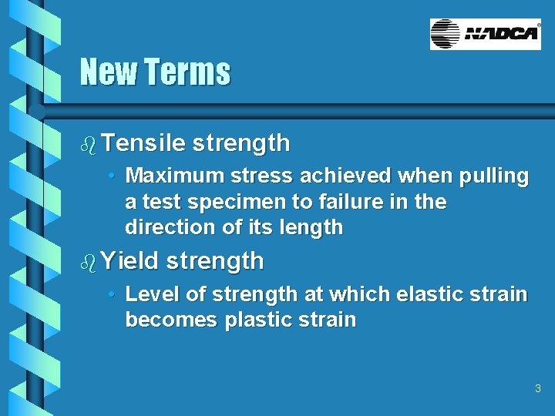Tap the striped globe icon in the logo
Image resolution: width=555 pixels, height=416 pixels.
pyautogui.click(x=445, y=35)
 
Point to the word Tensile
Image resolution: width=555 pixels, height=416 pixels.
pyautogui.click(x=143, y=143)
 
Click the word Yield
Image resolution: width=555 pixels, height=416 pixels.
pyautogui.click(x=129, y=261)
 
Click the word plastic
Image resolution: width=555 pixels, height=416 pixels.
pyautogui.click(x=258, y=320)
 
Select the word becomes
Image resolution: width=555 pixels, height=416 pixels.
pyautogui.click(x=171, y=320)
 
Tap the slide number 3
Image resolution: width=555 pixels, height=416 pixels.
pyautogui.click(x=538, y=388)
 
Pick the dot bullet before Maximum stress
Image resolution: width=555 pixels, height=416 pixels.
pyautogui.click(x=113, y=176)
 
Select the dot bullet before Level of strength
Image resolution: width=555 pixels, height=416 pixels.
pyautogui.click(x=113, y=294)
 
